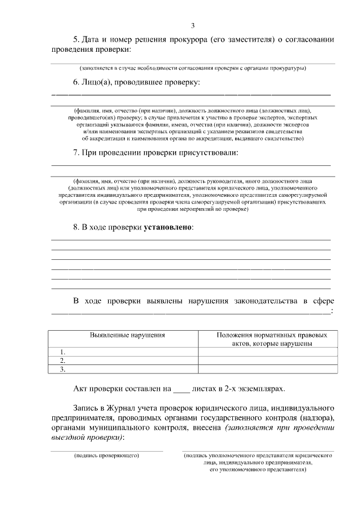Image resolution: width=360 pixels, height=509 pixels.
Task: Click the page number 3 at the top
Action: pos(192,25)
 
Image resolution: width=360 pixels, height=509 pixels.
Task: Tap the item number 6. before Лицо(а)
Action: pos(78,82)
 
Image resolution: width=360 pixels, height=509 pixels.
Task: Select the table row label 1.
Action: pos(63,352)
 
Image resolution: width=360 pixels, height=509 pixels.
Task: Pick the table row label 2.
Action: pos(63,361)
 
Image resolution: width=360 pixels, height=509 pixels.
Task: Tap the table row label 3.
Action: pos(63,370)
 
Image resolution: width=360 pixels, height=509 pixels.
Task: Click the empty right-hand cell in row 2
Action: pos(268,361)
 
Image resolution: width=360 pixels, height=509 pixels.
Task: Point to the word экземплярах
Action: pos(260,388)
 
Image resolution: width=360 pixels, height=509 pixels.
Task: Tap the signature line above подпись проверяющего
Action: pos(107,451)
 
